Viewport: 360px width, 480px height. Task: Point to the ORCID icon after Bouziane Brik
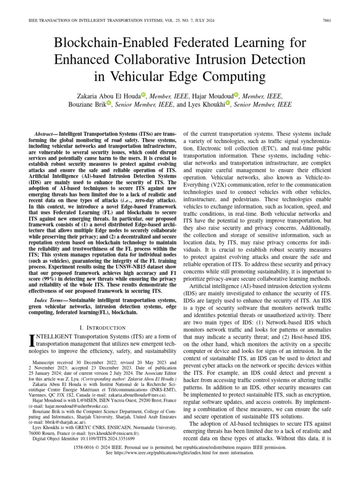coord(109,104)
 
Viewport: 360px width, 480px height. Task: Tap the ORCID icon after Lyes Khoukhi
coord(228,104)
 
